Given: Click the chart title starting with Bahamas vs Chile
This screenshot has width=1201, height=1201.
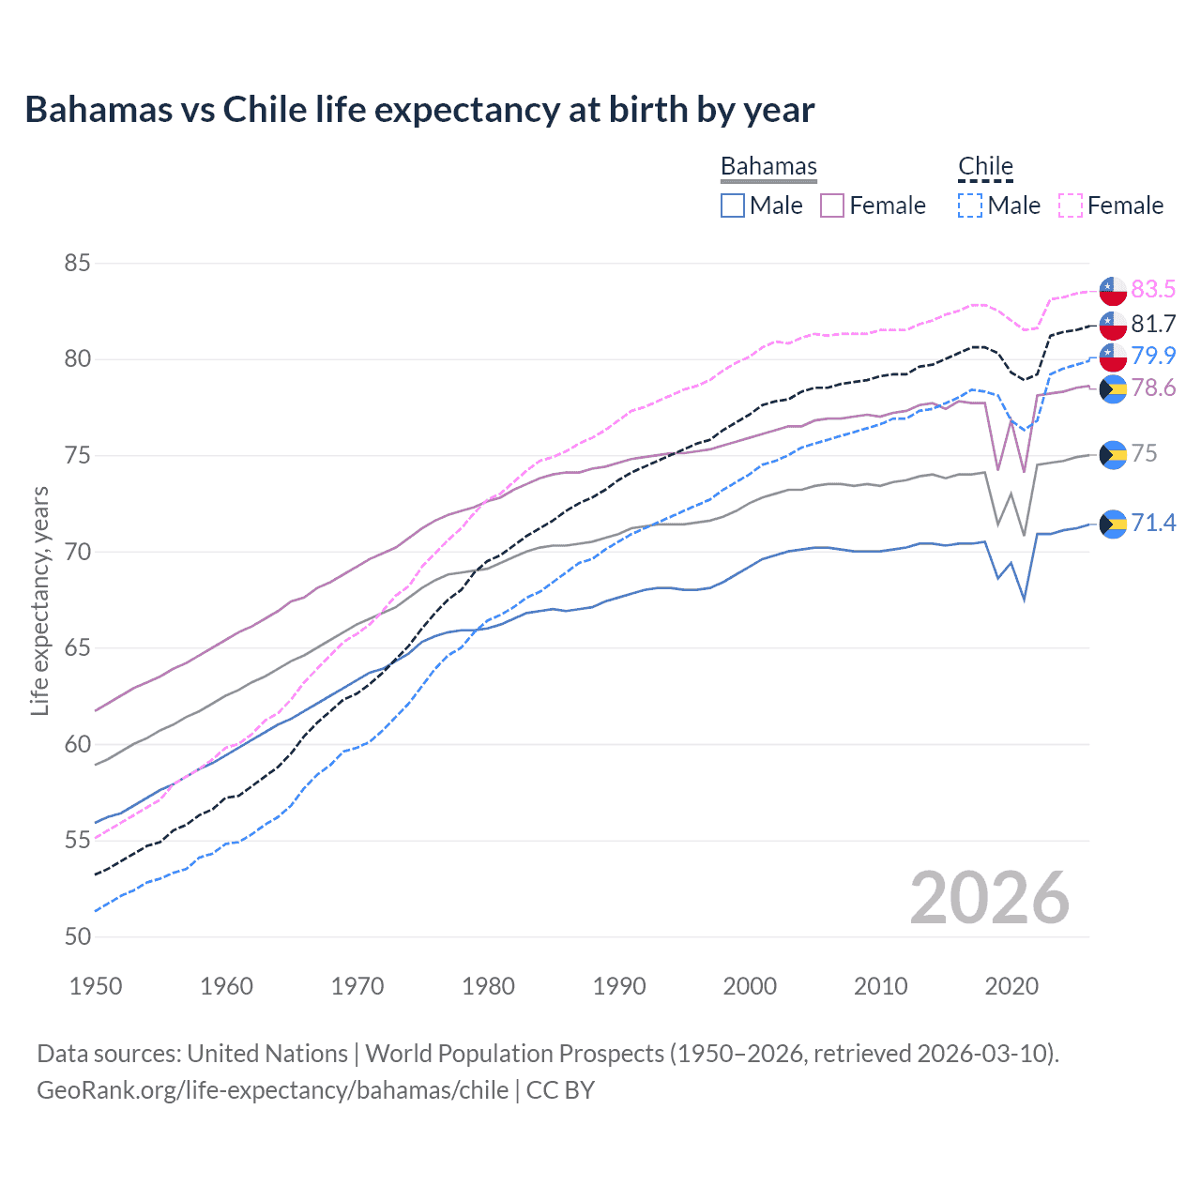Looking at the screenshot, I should click(419, 110).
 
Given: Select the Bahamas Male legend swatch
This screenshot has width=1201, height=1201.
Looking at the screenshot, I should click(733, 205).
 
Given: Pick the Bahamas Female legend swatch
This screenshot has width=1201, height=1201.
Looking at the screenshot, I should click(832, 205).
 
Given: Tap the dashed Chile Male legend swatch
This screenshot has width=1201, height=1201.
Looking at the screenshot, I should click(970, 205).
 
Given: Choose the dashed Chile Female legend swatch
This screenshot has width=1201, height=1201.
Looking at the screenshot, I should click(1071, 205).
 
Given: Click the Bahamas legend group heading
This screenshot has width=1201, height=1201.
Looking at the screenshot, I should click(768, 166).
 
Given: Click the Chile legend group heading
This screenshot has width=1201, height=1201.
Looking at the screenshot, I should click(985, 166).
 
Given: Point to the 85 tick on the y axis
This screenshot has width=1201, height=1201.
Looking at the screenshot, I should click(77, 263).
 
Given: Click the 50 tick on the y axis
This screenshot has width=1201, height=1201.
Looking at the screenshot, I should click(77, 936).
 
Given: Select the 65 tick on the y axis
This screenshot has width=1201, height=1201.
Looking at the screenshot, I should click(77, 648).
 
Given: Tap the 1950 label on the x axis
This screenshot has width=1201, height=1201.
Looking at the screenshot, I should click(96, 986).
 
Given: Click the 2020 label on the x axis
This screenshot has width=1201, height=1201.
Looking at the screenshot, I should click(1011, 986).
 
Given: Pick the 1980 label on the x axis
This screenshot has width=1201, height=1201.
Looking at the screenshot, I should click(488, 986).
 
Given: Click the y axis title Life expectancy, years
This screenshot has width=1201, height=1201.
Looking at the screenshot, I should click(39, 600).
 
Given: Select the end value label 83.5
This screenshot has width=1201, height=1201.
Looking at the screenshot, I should click(1153, 289).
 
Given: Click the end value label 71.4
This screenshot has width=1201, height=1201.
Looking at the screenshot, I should click(1153, 523).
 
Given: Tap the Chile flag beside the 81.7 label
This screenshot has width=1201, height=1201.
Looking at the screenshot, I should click(1113, 325).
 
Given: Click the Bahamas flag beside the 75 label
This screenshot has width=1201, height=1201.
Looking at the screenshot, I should click(1113, 454).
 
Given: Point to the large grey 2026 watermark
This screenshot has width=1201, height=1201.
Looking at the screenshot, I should click(989, 898).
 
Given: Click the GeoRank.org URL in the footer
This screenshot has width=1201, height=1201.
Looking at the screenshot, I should click(272, 1090).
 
